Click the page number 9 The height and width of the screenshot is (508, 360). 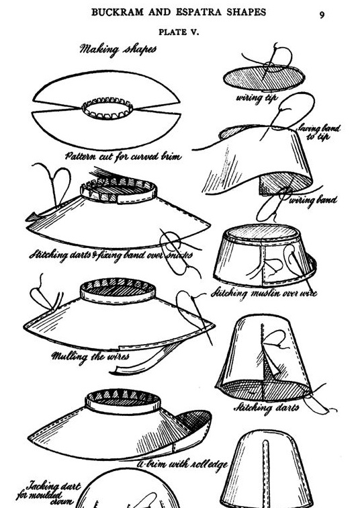(x=322, y=14)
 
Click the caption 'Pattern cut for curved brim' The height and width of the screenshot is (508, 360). (x=123, y=156)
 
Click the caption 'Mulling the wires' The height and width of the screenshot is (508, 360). (x=91, y=355)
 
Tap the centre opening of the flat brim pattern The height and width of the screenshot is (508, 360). (x=107, y=108)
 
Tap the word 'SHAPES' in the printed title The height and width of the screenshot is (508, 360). (x=240, y=12)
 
